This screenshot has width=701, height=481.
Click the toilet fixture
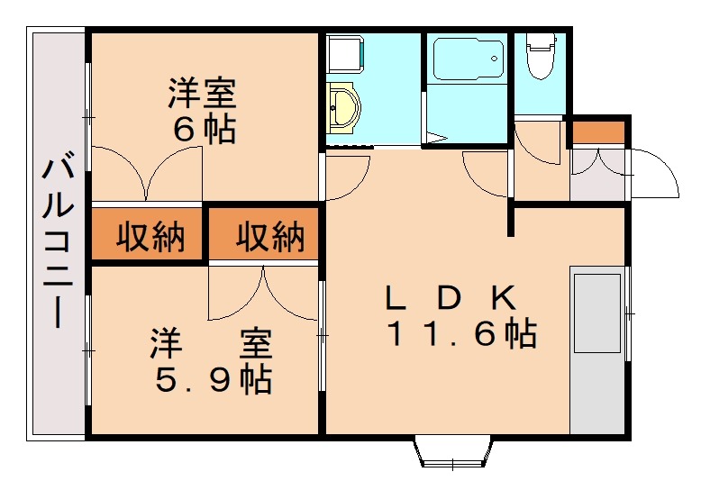[541, 55]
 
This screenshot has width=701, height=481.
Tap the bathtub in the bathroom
[468, 59]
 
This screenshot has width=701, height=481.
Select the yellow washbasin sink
[343, 108]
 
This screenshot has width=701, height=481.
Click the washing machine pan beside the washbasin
[345, 54]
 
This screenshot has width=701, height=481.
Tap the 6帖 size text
[205, 130]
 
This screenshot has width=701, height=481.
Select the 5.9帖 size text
[214, 380]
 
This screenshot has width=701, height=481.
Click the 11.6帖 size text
[463, 333]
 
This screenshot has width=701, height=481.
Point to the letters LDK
[451, 298]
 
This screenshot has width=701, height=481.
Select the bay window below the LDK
[453, 451]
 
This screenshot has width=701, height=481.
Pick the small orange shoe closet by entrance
[598, 132]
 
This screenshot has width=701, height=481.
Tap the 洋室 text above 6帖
[202, 93]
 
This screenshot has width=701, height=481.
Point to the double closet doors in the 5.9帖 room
[264, 293]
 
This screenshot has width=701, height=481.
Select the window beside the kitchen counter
[629, 313]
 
